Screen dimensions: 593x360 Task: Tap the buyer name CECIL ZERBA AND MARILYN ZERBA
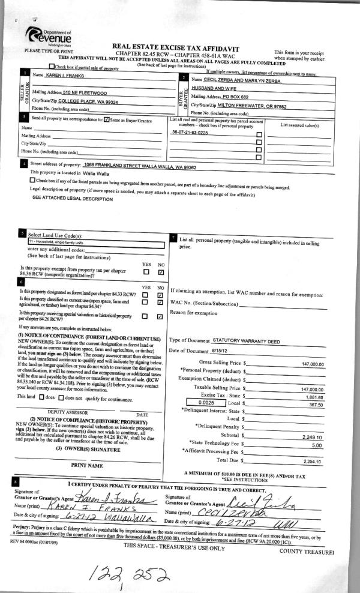coord(244,79)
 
